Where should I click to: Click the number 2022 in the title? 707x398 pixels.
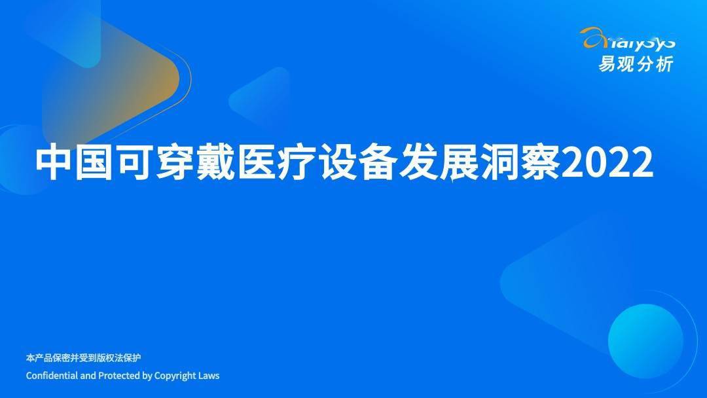click(x=607, y=162)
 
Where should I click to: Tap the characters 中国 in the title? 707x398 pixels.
click(x=74, y=162)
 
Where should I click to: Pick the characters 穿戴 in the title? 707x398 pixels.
click(x=195, y=162)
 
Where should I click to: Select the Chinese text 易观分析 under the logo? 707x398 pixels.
click(x=636, y=63)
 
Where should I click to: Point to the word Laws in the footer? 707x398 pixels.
click(x=209, y=375)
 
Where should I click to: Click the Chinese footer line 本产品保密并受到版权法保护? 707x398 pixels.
click(x=83, y=358)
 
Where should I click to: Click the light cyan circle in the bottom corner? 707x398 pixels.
click(x=645, y=341)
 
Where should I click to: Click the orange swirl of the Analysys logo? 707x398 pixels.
click(x=594, y=37)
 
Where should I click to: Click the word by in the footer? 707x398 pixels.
click(x=147, y=376)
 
